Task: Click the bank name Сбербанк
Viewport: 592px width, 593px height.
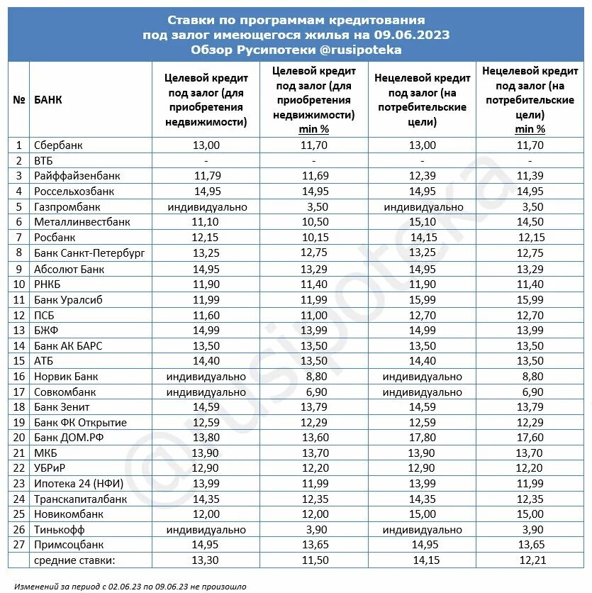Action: [59, 145]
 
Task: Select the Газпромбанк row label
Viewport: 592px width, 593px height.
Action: [67, 207]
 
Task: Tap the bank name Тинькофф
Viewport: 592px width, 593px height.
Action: [60, 530]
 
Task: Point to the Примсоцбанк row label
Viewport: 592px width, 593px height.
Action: [69, 545]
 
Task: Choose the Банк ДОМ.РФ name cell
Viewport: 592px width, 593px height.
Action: [65, 438]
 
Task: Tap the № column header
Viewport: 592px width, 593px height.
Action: [19, 100]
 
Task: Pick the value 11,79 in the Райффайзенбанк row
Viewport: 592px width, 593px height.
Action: [206, 176]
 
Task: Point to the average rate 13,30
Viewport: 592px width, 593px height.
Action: [206, 560]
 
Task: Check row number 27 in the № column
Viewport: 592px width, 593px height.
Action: [19, 545]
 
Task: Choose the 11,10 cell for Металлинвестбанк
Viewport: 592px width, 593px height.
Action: [206, 222]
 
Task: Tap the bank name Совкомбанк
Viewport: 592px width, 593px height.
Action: [65, 392]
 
